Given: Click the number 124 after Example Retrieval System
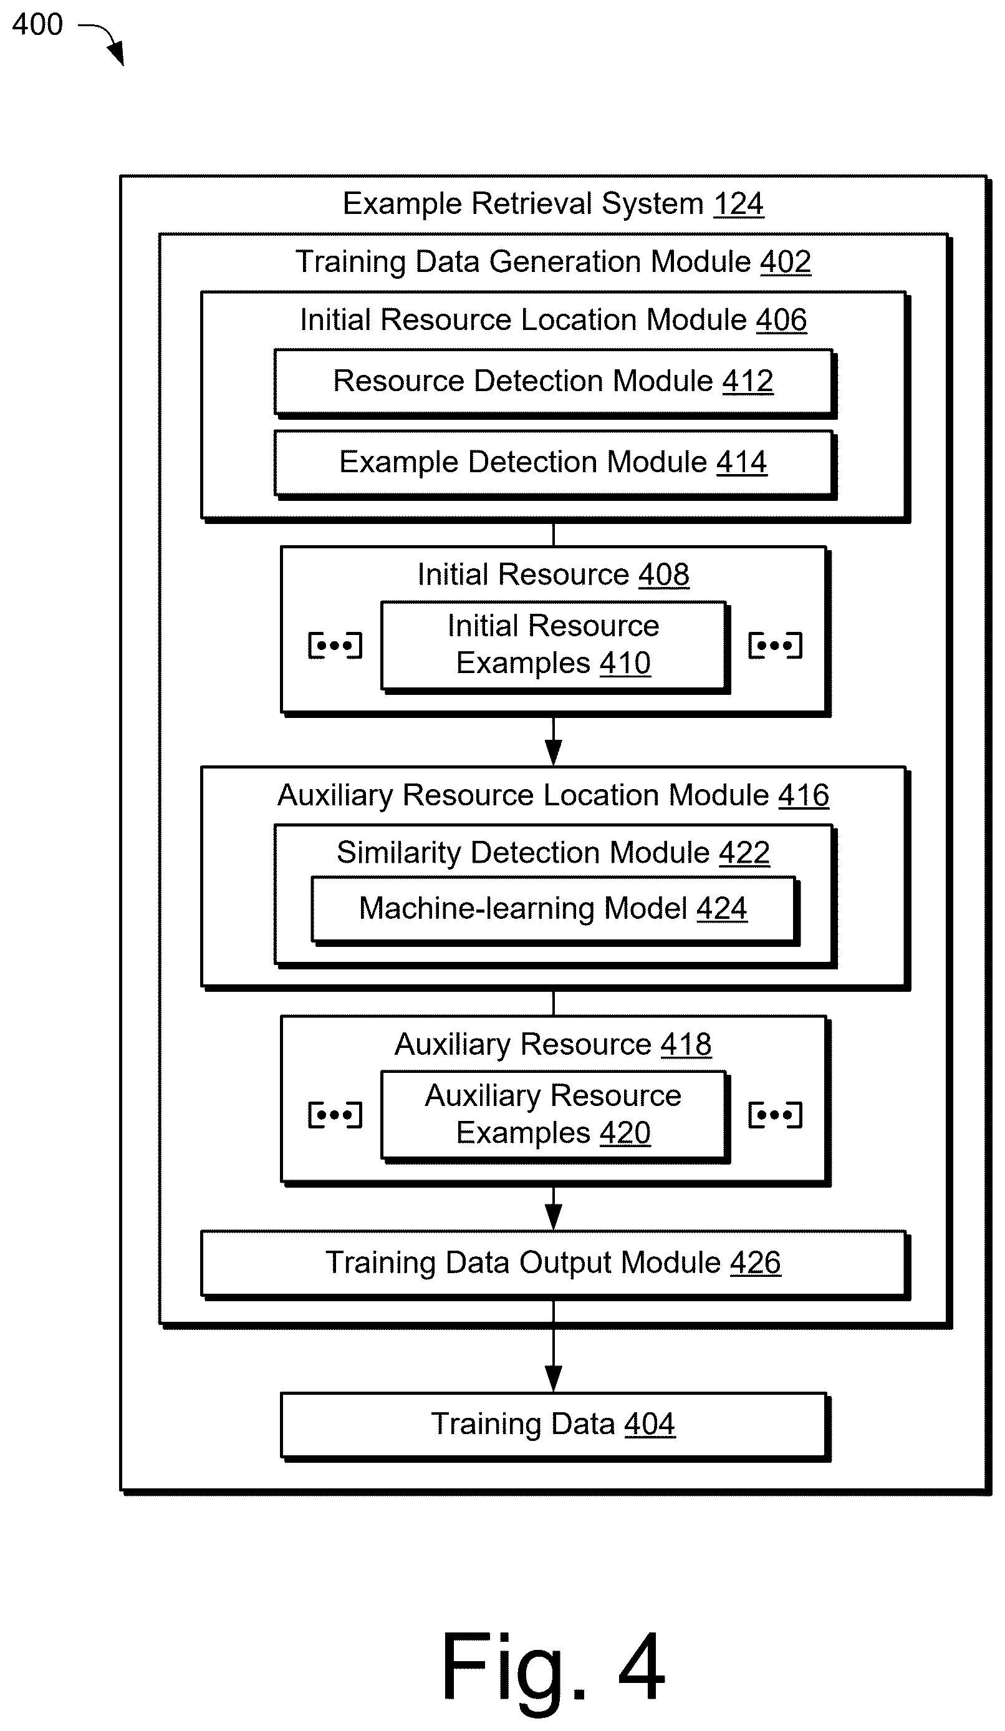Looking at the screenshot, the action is tap(738, 204).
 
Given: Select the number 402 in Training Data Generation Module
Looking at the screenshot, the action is tap(786, 262).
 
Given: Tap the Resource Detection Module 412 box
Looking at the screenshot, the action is tap(554, 382).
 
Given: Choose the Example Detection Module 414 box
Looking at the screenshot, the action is tap(554, 463).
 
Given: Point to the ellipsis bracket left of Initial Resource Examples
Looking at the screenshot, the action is tap(334, 646).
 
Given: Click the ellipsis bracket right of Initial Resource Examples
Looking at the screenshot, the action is tap(775, 646).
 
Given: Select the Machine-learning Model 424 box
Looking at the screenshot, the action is tap(554, 909).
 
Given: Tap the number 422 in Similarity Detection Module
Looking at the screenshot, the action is tap(745, 853).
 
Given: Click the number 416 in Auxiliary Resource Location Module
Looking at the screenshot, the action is tap(804, 795).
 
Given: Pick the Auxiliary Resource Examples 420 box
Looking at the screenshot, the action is tap(554, 1115).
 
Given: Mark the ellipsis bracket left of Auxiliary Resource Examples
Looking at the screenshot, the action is tap(334, 1115).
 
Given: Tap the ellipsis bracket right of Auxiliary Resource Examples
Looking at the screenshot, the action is tap(775, 1115).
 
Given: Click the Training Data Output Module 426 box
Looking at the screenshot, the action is tap(554, 1264).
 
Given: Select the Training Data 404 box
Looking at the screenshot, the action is tap(554, 1425).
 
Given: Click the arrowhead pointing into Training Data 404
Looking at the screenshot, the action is tap(553, 1379).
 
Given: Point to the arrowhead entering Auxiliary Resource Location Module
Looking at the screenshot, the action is tap(553, 753).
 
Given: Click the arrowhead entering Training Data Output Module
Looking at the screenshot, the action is tap(553, 1217).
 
